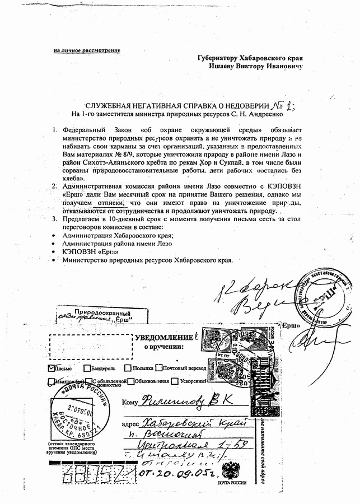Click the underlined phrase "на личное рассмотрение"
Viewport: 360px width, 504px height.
coord(87,51)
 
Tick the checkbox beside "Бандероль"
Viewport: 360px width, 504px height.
coord(87,368)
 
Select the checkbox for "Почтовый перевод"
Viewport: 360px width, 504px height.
coord(159,368)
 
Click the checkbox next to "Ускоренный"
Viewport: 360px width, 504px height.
coord(175,381)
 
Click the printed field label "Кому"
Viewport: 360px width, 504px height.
coord(129,402)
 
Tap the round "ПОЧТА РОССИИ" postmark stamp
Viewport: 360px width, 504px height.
coord(69,409)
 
